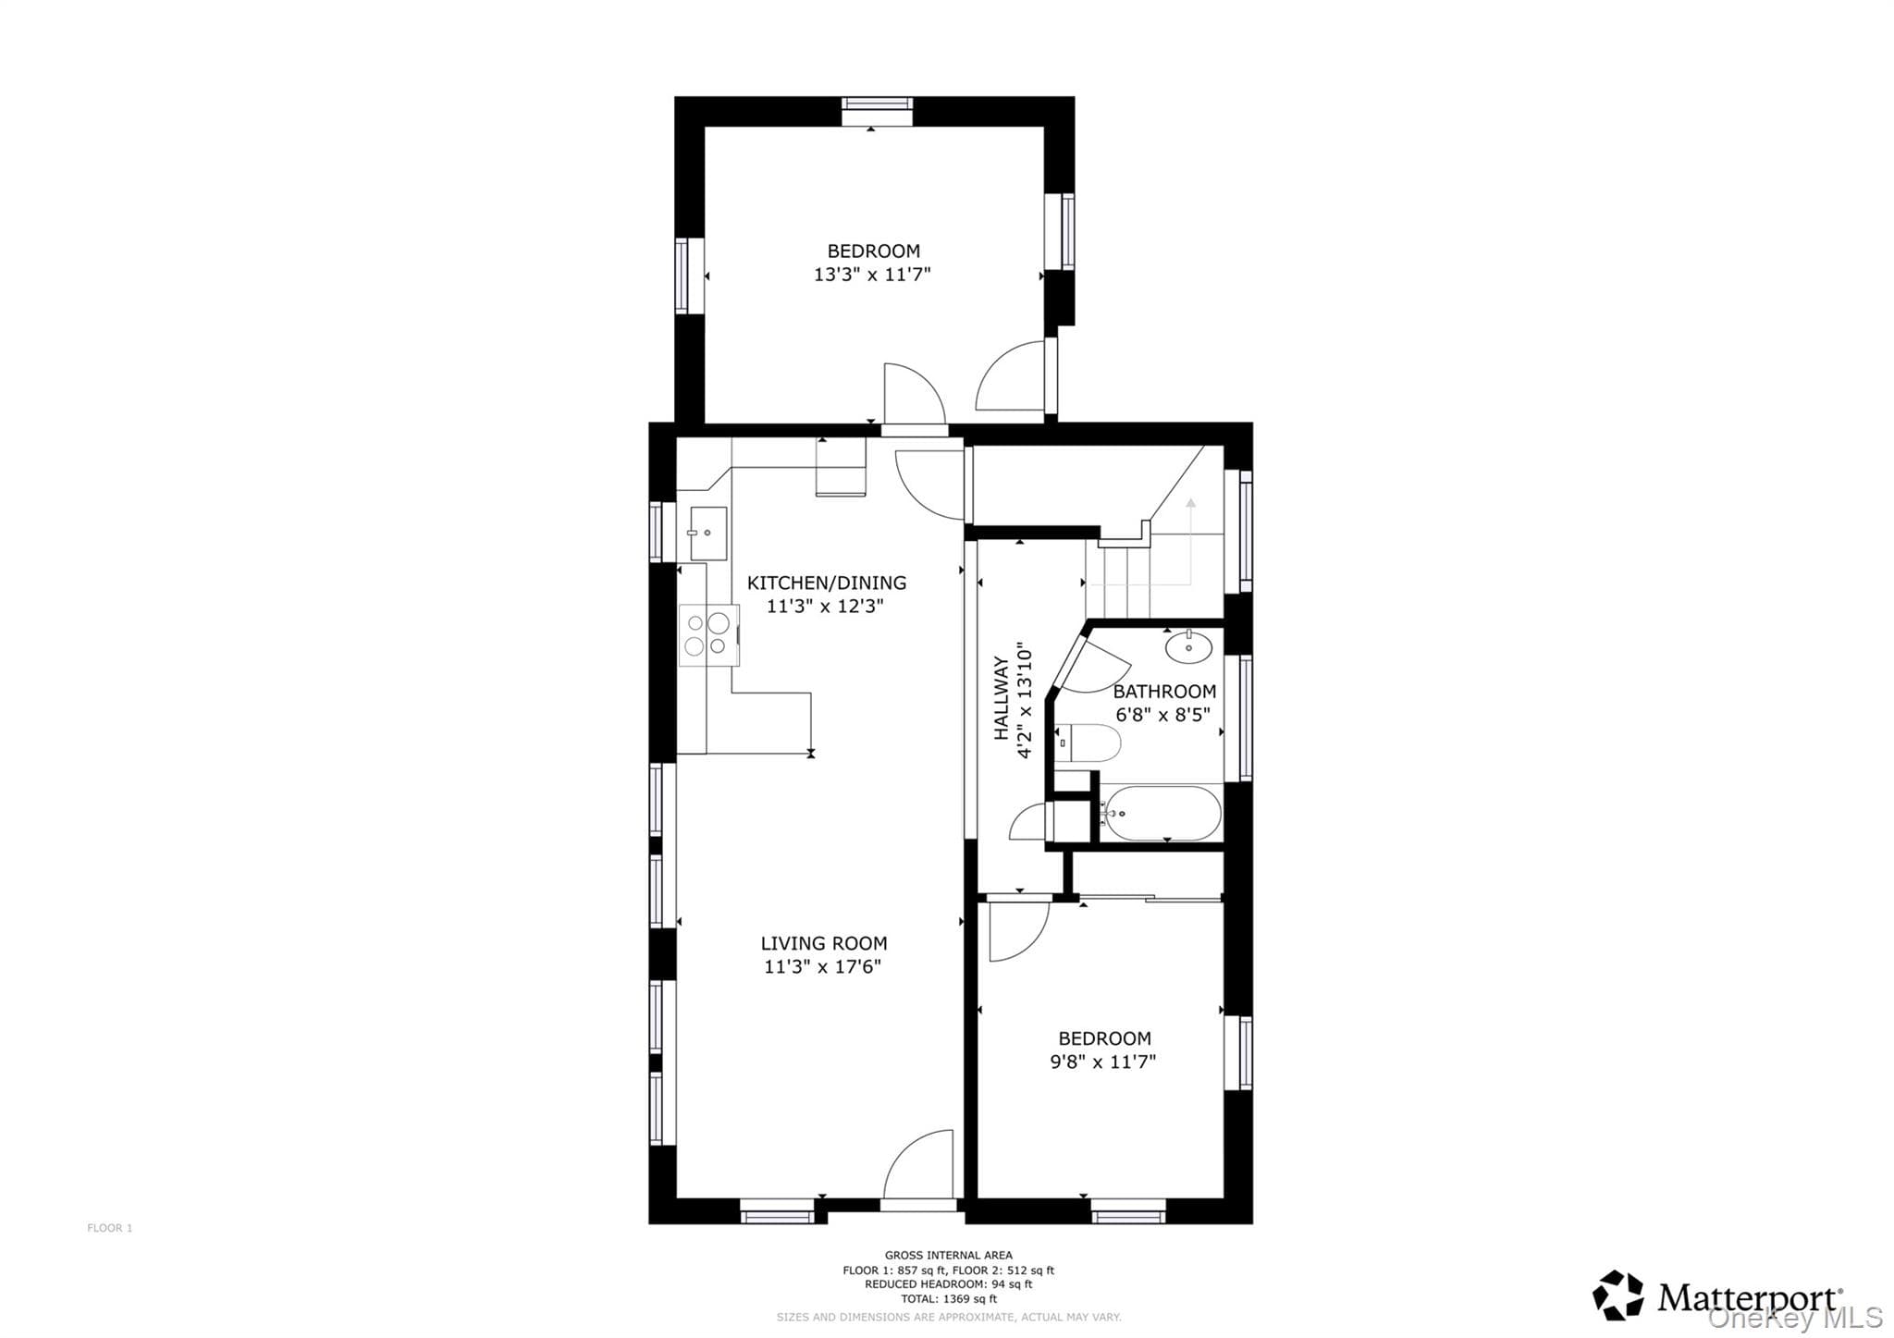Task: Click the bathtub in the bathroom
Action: click(x=1160, y=814)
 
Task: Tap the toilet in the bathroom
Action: click(x=1088, y=743)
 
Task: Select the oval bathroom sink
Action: click(x=1188, y=647)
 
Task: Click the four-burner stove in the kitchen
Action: click(x=709, y=634)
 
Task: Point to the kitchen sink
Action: click(x=707, y=534)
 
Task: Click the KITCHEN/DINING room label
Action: click(x=827, y=583)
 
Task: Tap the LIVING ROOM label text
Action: click(x=824, y=943)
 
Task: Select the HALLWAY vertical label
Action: click(x=1001, y=698)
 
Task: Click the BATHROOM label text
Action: click(x=1164, y=692)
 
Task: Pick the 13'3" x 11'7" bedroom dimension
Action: click(x=872, y=275)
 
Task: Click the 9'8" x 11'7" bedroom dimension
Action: click(x=1103, y=1062)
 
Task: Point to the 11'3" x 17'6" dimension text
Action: click(x=822, y=967)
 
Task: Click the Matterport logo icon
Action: click(x=1617, y=1295)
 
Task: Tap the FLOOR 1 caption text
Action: click(x=110, y=1228)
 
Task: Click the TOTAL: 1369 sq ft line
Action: click(x=949, y=1298)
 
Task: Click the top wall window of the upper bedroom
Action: click(x=877, y=111)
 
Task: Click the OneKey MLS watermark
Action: click(x=1795, y=1317)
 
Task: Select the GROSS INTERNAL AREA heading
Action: click(x=949, y=1256)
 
